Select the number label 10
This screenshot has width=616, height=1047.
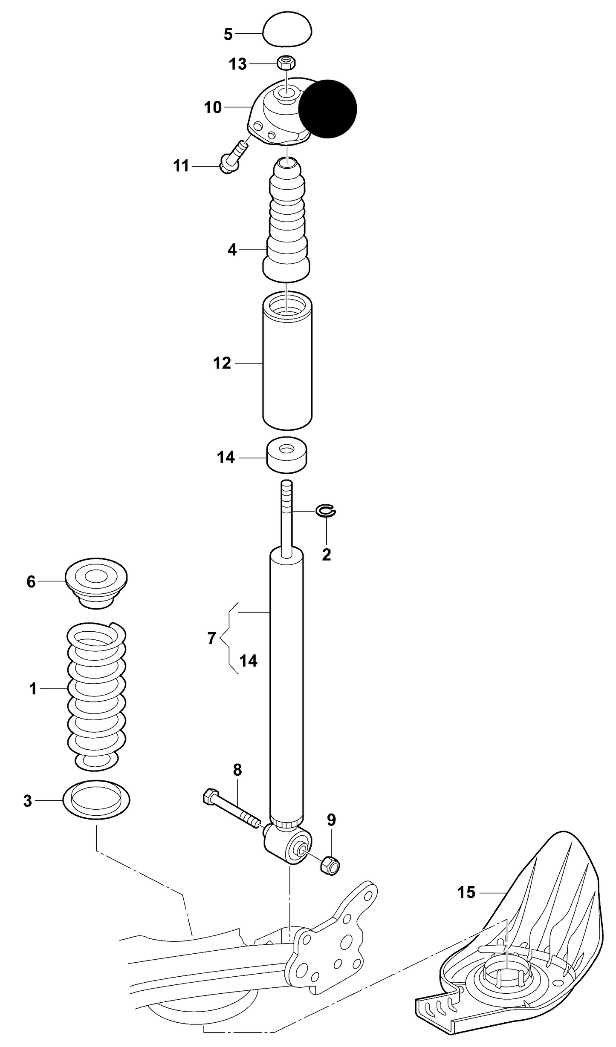pos(213,107)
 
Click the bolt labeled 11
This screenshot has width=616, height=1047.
pos(232,157)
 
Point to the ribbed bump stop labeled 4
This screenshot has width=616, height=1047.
pos(287,221)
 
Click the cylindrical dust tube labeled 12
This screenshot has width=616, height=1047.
pos(287,362)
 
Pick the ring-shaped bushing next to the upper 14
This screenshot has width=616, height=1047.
pos(287,455)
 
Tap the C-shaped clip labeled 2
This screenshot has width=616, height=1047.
pos(326,511)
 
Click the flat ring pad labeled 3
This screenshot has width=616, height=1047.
pos(96,800)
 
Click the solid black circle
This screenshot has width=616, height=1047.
pos(327,109)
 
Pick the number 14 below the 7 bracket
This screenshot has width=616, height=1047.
pos(248,661)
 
